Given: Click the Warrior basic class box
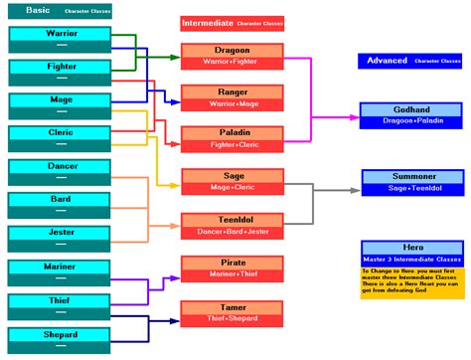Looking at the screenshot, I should click(61, 39).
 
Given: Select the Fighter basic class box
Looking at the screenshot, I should click(61, 72).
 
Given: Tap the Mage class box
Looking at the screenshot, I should click(61, 105).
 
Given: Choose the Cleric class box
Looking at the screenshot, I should click(61, 138).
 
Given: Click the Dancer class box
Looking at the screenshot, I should click(61, 171).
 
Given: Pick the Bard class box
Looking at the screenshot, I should click(61, 205).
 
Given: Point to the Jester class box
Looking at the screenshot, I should click(61, 238).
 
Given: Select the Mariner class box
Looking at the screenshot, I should click(61, 272).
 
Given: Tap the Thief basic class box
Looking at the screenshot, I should click(61, 305).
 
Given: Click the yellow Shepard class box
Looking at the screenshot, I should click(61, 339).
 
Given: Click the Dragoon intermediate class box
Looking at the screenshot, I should click(232, 56).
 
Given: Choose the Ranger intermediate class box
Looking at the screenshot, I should click(232, 96).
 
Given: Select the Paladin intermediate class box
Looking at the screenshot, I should click(232, 138).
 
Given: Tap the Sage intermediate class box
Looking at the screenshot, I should click(232, 180).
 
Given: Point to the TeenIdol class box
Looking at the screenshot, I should click(232, 225).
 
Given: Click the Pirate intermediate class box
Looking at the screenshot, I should click(232, 269).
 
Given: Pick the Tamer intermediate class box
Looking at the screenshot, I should click(232, 312).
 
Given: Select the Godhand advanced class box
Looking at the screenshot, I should click(411, 114).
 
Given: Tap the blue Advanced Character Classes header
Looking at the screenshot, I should click(411, 61).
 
